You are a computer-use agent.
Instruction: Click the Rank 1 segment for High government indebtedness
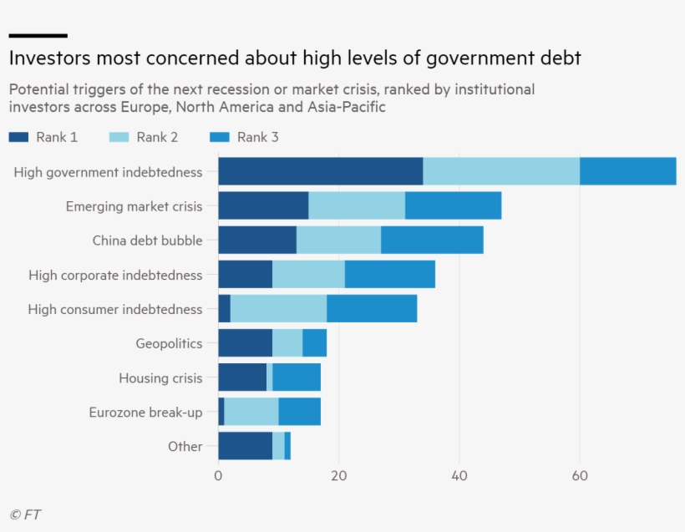tap(320, 171)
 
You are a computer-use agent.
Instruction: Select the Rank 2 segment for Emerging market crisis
tap(357, 205)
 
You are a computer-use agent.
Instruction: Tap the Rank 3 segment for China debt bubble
tap(432, 240)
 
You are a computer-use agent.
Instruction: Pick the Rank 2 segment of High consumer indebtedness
tap(277, 309)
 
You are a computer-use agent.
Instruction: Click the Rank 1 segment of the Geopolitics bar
tap(245, 343)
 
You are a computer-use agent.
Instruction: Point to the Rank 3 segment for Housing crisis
tap(297, 377)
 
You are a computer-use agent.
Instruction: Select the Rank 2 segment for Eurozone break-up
tap(251, 412)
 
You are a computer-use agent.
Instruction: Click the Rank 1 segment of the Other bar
tap(245, 446)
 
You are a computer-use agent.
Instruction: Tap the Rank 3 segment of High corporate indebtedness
tap(389, 274)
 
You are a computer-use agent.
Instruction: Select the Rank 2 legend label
tap(157, 137)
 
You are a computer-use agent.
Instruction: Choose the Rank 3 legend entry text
tap(257, 137)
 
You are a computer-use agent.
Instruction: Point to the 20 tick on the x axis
tap(338, 476)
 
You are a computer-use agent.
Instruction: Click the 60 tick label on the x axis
tap(580, 476)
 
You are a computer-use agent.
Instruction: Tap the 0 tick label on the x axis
tap(218, 476)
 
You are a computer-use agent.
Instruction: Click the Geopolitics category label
tap(169, 343)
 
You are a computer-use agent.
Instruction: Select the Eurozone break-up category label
tap(145, 412)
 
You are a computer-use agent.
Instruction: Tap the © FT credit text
tap(25, 514)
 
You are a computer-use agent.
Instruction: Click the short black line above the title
tap(38, 35)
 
